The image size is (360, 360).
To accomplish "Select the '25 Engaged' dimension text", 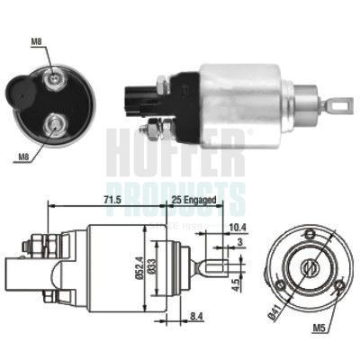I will click(x=192, y=201).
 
